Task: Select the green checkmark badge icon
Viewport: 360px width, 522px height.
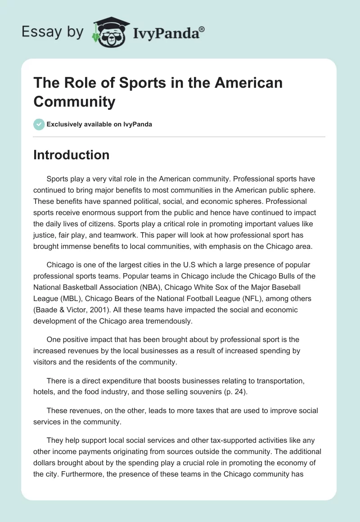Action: click(39, 124)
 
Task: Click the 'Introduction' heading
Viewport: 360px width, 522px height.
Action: click(72, 155)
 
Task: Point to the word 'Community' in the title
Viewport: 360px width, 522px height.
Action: click(74, 102)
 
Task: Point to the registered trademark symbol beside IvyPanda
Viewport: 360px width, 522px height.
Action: click(202, 28)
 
